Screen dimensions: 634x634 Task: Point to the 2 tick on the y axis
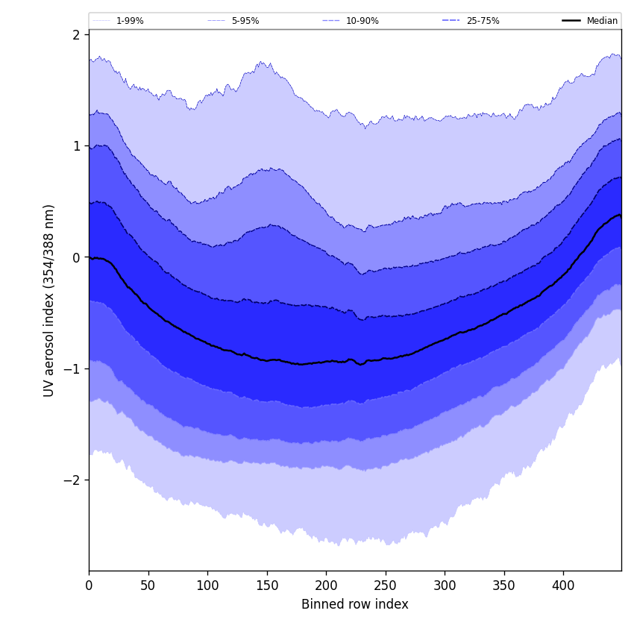76,35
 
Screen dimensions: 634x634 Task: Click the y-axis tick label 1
76,146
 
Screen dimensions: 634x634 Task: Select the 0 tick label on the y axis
76,257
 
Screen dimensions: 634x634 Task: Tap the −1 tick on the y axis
72,368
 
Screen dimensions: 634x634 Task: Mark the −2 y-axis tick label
72,480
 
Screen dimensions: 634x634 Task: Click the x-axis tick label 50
148,586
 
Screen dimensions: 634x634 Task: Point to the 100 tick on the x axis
207,586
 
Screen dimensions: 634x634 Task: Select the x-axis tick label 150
267,586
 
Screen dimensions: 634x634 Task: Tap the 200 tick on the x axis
326,586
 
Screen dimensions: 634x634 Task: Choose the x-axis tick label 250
386,586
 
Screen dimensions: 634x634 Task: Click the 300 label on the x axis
445,586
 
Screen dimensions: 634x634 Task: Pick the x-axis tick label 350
504,586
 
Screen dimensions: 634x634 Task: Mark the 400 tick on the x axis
563,586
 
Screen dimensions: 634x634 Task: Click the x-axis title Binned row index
355,605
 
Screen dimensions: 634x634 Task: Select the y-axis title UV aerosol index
49,300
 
